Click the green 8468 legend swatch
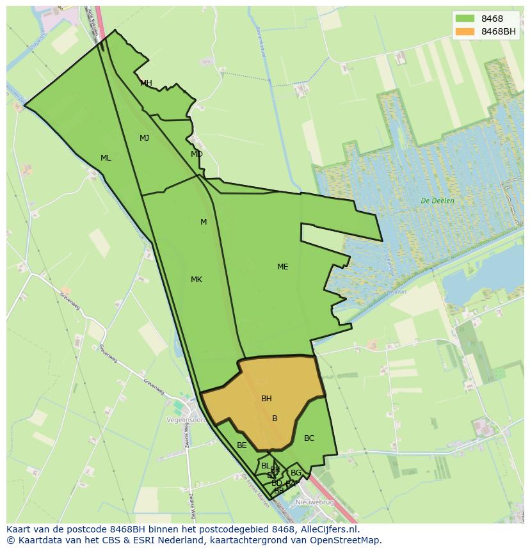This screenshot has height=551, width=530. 465,19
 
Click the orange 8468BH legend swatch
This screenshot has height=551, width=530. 465,31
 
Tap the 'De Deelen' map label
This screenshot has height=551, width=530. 438,201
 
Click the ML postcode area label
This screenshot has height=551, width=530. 106,158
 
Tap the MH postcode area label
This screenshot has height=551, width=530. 146,83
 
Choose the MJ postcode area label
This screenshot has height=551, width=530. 144,138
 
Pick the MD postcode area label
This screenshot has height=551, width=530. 197,154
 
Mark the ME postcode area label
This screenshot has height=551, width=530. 282,267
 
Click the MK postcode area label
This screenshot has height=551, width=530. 197,280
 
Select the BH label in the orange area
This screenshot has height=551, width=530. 266,399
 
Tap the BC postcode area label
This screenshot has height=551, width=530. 309,438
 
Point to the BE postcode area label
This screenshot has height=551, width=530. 241,445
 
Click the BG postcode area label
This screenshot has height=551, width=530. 296,473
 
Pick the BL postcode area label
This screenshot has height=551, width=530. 265,466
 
